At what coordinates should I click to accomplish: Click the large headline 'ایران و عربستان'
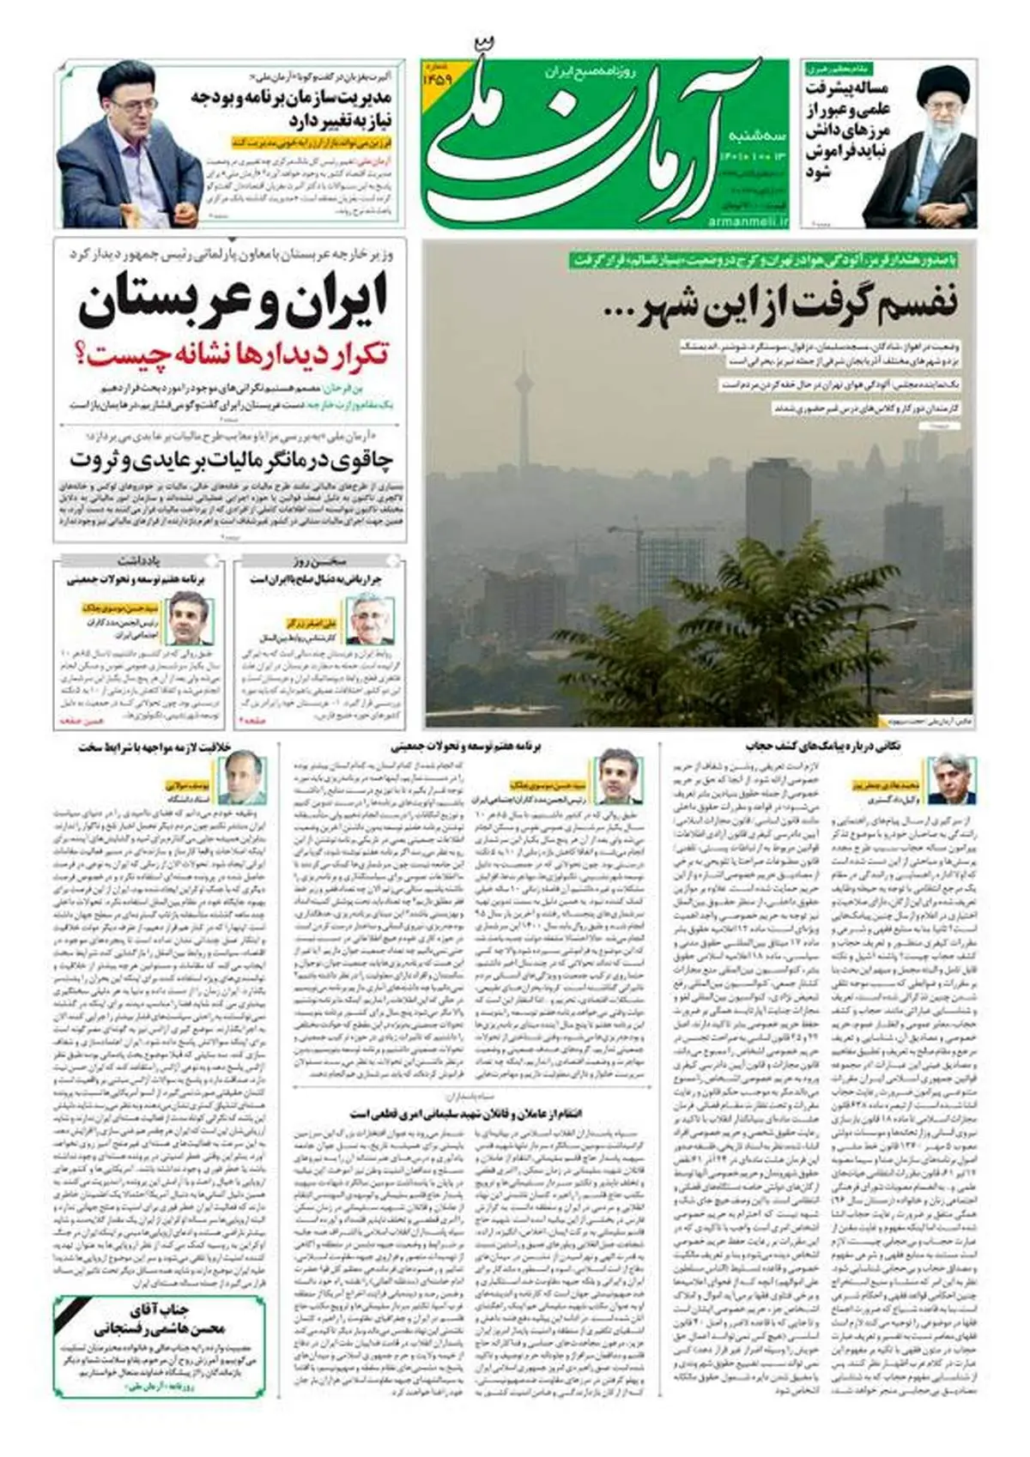(x=233, y=303)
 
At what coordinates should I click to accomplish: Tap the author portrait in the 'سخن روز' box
(x=370, y=619)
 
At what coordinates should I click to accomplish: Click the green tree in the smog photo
(x=687, y=652)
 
